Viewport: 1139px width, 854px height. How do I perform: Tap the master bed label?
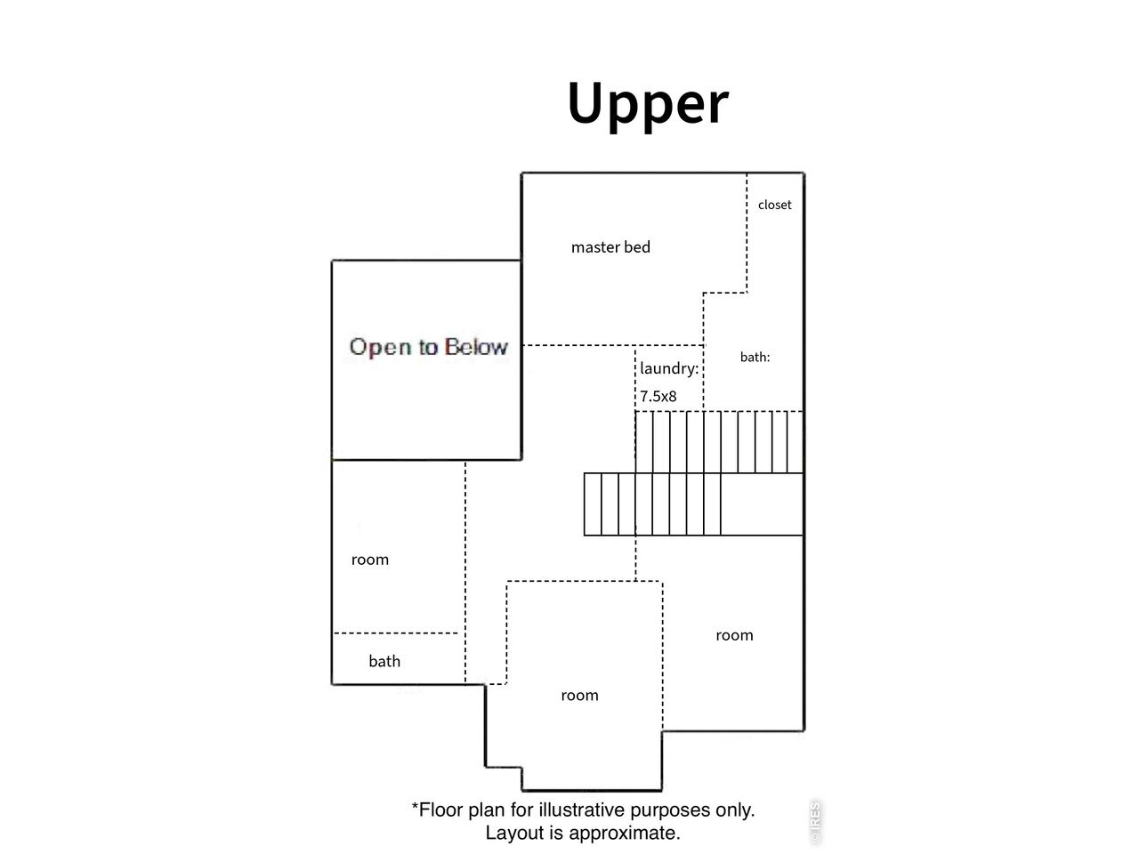coord(610,246)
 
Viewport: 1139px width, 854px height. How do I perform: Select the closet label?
coord(774,205)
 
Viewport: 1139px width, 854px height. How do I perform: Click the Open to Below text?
coord(429,347)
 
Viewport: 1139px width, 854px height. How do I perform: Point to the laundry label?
coord(669,368)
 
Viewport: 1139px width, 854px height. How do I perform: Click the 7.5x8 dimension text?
coord(658,396)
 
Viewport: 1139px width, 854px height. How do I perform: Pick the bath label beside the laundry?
coord(755,357)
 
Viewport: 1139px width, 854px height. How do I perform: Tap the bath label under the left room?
coord(384,661)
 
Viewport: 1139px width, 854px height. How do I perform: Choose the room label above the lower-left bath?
coord(370,560)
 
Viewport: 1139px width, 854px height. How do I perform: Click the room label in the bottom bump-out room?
coord(579,696)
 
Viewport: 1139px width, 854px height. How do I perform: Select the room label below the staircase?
coord(734,635)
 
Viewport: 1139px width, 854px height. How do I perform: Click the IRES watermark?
coord(815,822)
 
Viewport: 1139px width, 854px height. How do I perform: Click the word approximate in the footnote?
coord(625,834)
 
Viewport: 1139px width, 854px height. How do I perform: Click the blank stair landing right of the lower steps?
coord(762,504)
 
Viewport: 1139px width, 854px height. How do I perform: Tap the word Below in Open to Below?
coord(476,346)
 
